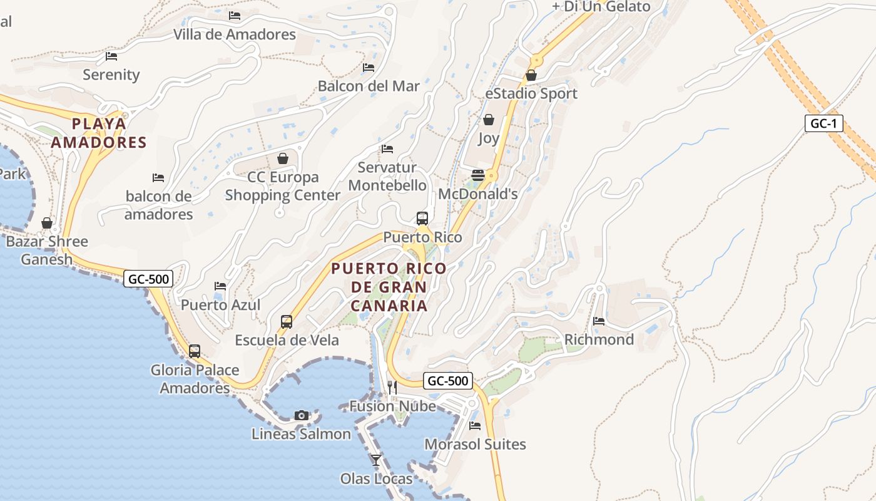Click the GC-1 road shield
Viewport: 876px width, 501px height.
pos(823,123)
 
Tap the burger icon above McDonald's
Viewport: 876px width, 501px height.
pos(478,175)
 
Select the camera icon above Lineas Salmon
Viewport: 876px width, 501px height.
pos(302,415)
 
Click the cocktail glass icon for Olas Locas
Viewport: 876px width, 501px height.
pos(376,460)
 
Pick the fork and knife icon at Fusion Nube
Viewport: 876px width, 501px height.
pos(392,387)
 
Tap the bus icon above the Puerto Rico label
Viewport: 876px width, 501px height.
pos(422,219)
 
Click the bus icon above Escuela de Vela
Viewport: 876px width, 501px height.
pos(287,322)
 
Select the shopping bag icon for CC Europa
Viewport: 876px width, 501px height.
pos(283,158)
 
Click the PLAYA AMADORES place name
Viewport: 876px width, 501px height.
pos(98,133)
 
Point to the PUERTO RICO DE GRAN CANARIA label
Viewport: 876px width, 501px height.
pos(389,287)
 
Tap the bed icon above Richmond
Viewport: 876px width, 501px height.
pos(599,321)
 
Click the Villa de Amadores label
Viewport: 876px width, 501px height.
pos(235,34)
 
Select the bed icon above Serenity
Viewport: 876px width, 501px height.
pos(111,56)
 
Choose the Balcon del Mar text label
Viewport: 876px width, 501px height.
pos(369,86)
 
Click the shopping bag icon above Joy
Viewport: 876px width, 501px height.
pos(489,120)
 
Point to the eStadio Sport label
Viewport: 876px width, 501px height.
pos(531,93)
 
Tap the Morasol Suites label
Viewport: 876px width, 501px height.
pos(475,444)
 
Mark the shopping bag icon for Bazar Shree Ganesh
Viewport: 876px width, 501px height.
pos(47,223)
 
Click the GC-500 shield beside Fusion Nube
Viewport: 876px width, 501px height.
pos(448,380)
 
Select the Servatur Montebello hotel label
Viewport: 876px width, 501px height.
pos(387,177)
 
